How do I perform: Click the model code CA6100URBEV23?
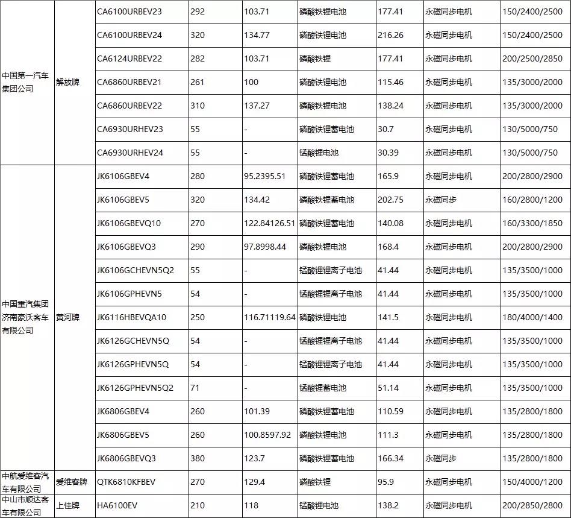129,11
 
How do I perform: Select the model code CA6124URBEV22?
129,58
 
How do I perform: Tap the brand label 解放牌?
67,82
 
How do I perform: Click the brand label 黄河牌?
67,317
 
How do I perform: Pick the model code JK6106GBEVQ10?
129,223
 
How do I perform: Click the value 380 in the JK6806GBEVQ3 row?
197,458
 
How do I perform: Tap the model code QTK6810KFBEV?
126,482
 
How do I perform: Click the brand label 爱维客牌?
71,482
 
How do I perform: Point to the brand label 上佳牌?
67,505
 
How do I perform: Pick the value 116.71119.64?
270,317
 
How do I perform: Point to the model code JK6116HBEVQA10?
131,317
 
